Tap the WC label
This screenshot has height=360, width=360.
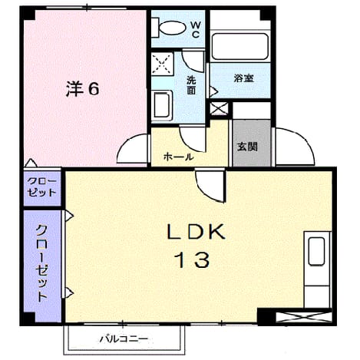coord(196,30)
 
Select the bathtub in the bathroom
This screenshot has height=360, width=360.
coord(240,46)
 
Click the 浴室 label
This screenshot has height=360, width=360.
coord(244,78)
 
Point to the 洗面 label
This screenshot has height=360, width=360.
coord(191,85)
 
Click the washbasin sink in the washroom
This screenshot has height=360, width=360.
coord(161,105)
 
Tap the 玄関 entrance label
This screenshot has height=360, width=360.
coord(247,147)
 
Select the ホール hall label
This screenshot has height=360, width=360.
coord(179,157)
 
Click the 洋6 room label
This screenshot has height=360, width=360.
coord(82,88)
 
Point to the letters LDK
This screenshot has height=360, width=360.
coord(196,232)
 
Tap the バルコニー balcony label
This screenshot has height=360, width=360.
coord(124,339)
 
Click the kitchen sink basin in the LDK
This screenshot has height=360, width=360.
coord(316,251)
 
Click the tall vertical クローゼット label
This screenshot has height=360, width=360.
coord(41,263)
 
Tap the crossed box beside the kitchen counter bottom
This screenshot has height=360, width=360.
coord(304,317)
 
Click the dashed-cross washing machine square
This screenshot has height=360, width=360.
coord(162,64)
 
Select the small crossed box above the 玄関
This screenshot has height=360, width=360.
coord(219,108)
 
